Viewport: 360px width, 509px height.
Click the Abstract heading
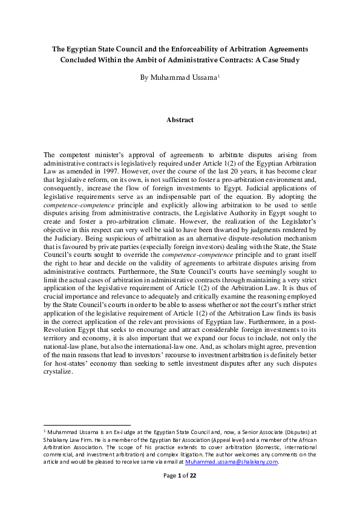click(x=180, y=120)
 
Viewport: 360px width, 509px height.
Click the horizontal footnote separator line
click(x=88, y=425)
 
